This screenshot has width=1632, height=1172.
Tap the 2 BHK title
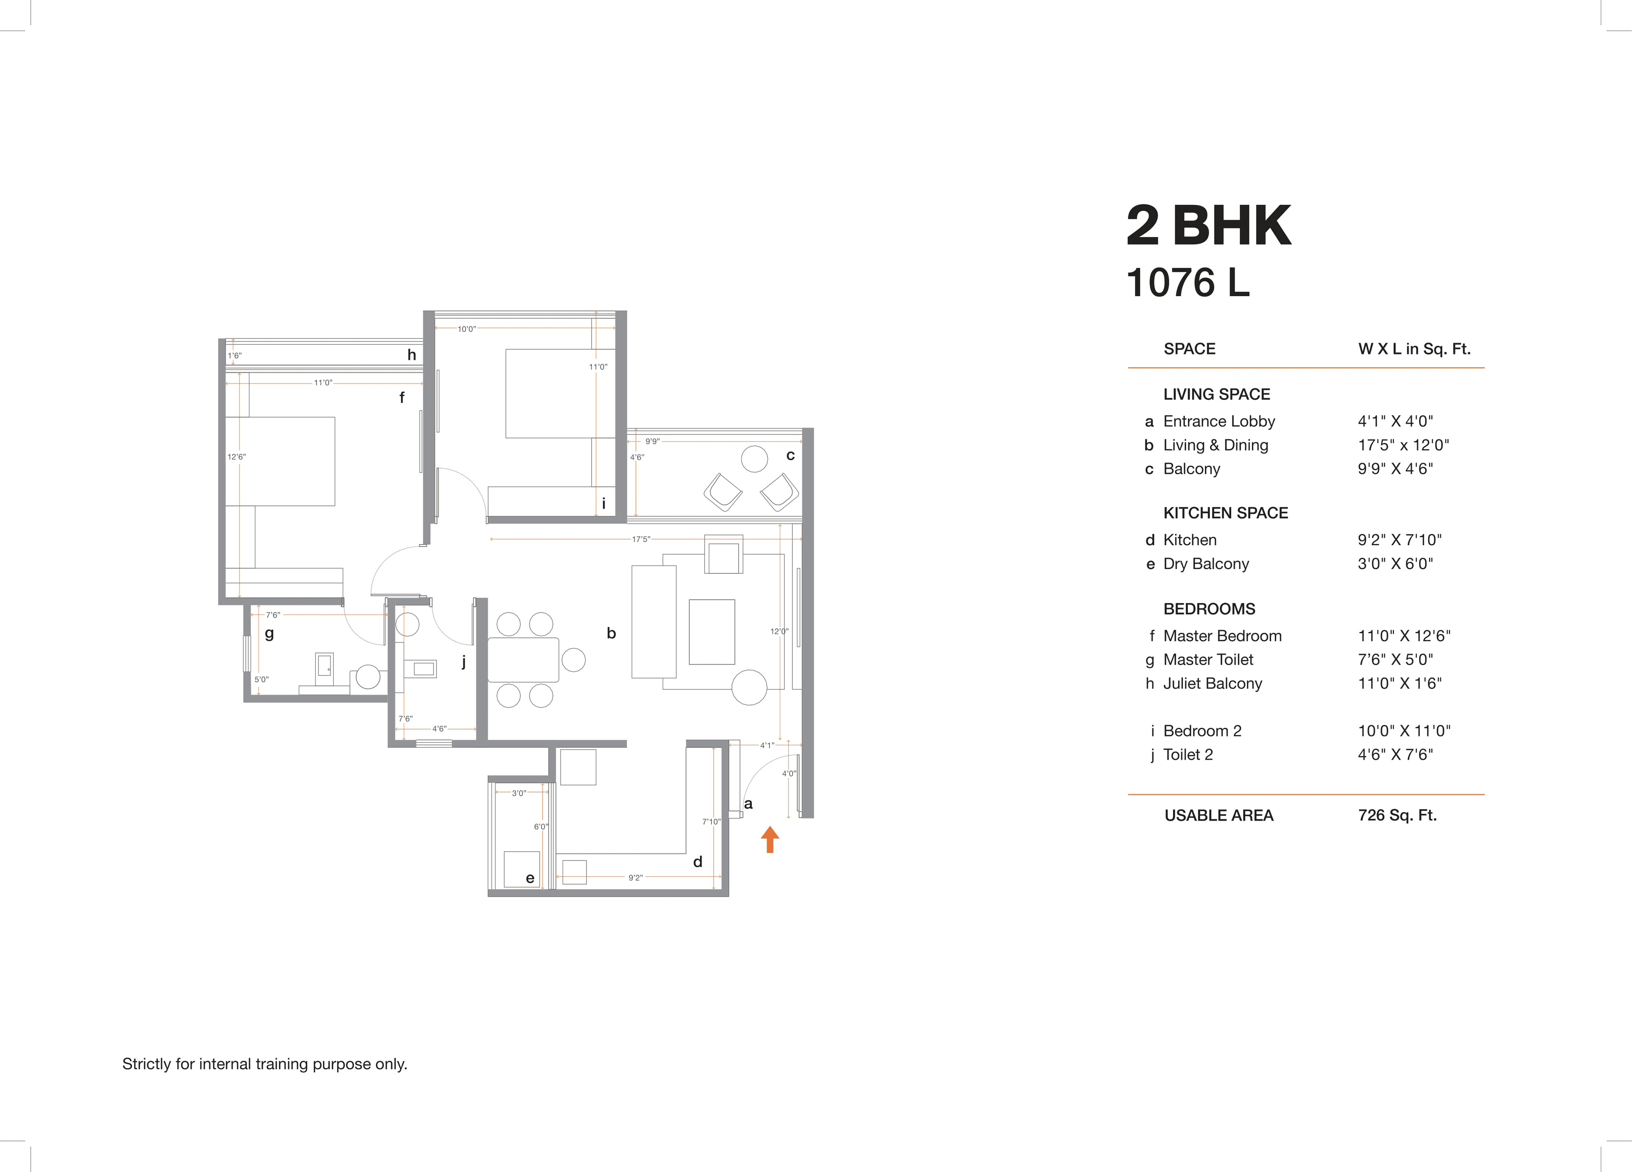(1209, 226)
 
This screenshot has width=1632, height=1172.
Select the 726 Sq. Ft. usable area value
(1397, 815)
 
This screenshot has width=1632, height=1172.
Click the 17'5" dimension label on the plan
(640, 539)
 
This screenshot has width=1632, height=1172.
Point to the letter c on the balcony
(790, 456)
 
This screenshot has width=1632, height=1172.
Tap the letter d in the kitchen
(697, 861)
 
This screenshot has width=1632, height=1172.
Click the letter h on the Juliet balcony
(411, 355)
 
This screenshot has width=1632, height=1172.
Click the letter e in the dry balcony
(530, 878)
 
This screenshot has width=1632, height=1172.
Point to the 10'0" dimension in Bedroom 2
(466, 329)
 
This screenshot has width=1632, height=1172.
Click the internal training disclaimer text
(265, 1063)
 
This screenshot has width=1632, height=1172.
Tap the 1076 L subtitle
(1187, 283)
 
